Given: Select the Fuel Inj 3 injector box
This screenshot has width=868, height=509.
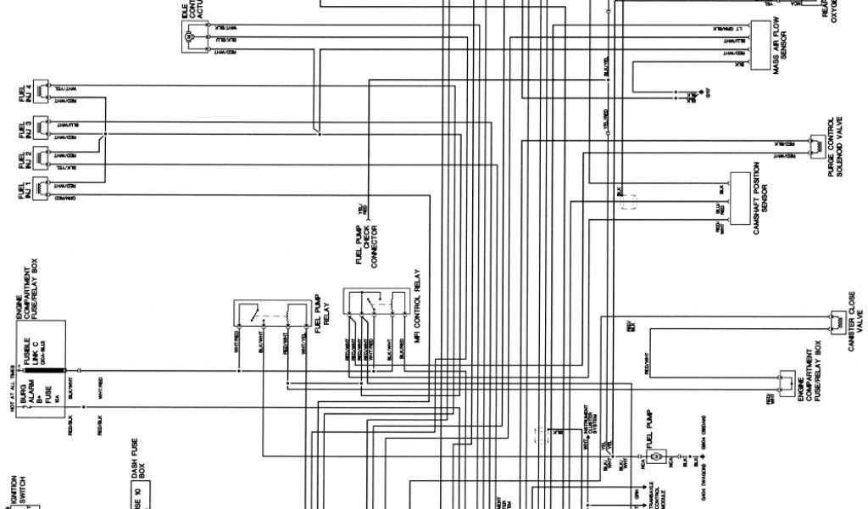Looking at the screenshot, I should (42, 129).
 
